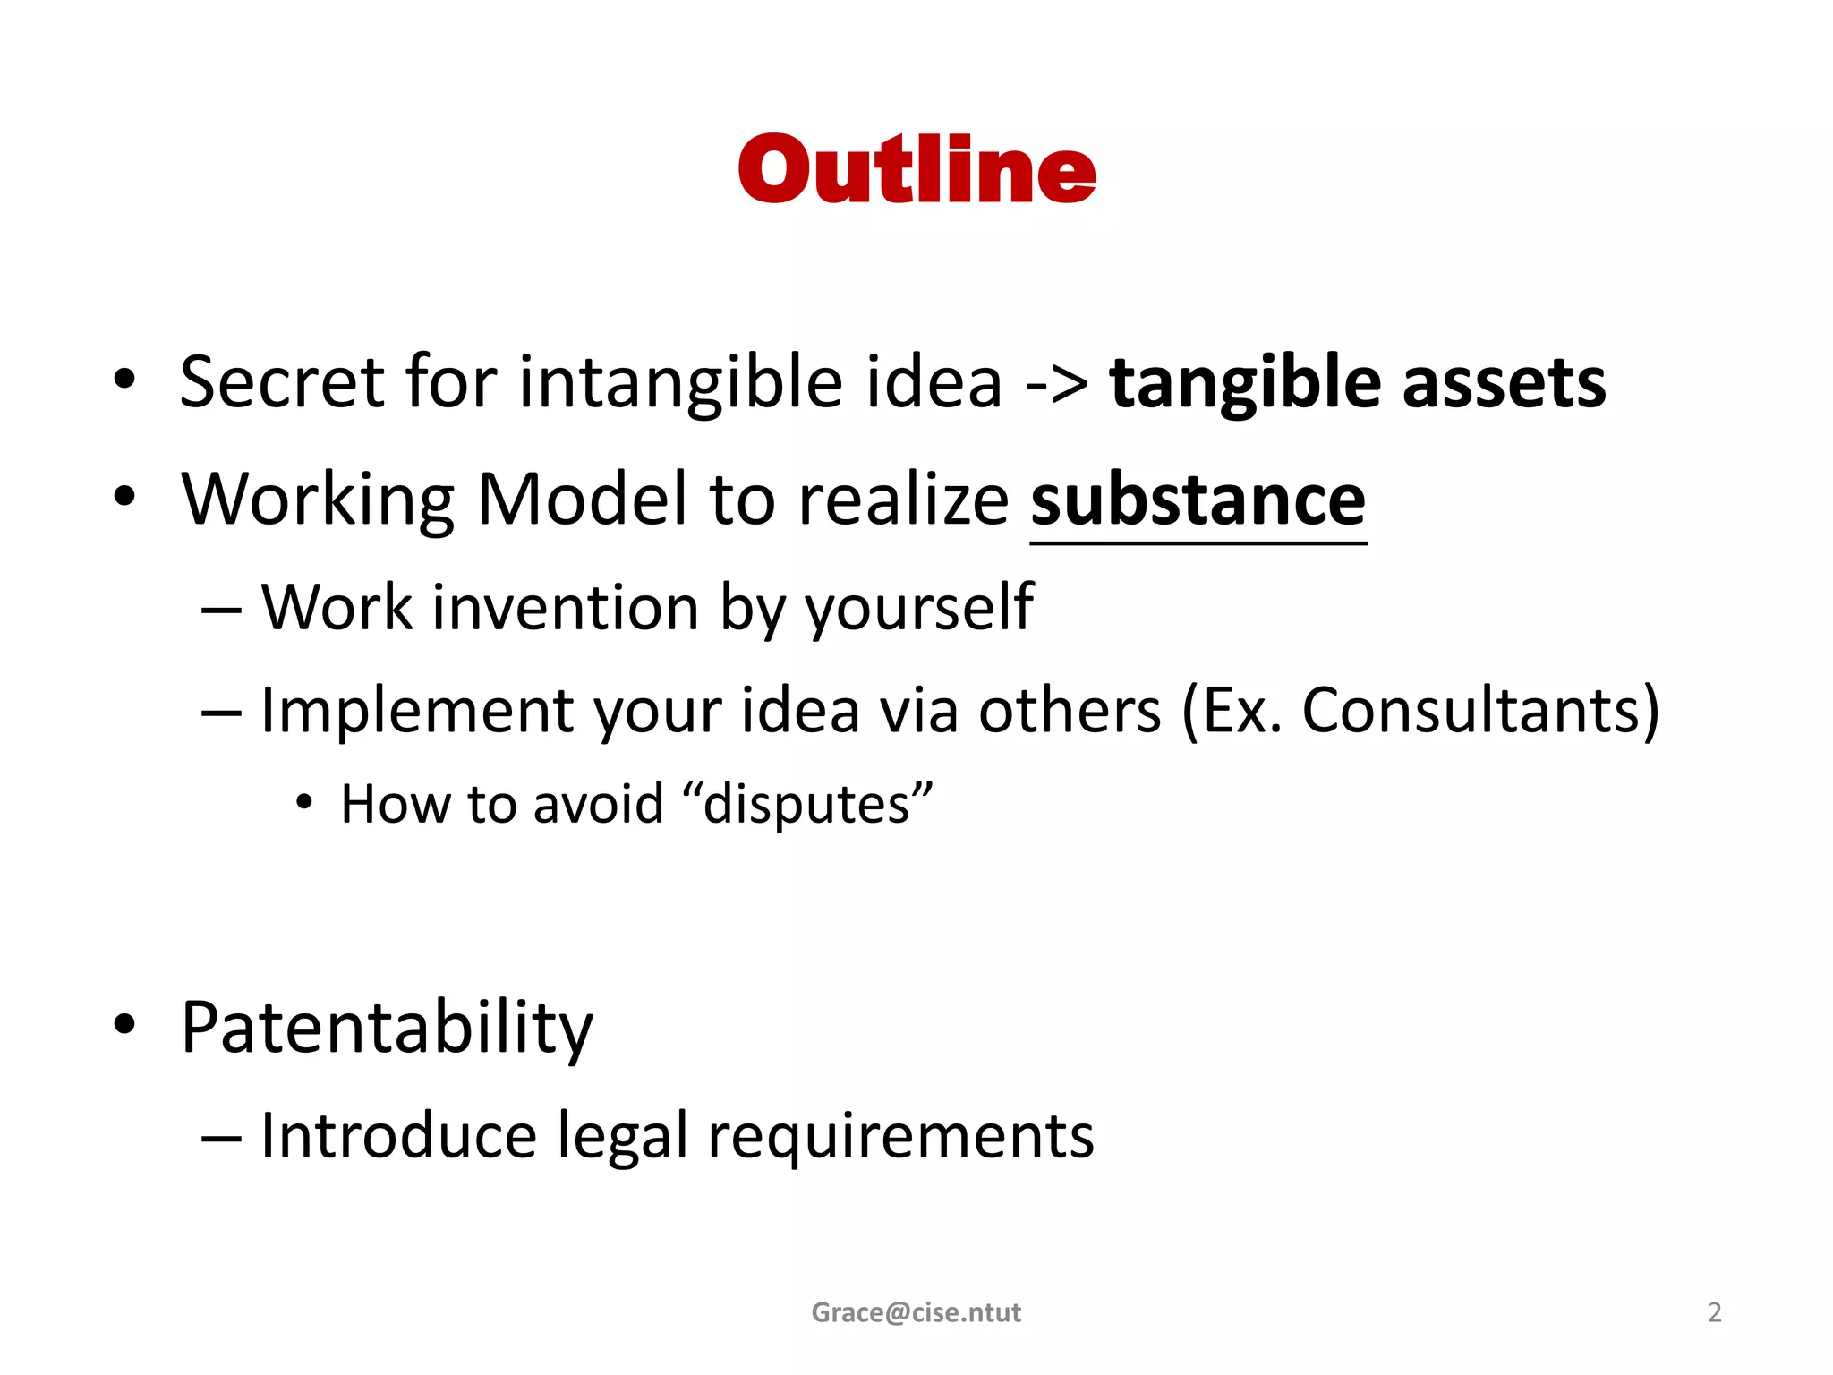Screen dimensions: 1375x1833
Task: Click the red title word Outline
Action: pyautogui.click(x=916, y=170)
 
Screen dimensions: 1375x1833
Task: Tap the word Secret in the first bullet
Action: pyautogui.click(x=281, y=382)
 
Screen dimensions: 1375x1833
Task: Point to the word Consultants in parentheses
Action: pyautogui.click(x=1470, y=711)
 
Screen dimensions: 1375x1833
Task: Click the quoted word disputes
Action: pyautogui.click(x=806, y=805)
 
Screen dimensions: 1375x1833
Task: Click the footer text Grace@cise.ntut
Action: pyautogui.click(x=916, y=1312)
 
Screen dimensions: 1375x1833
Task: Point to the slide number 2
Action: pyautogui.click(x=1714, y=1312)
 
